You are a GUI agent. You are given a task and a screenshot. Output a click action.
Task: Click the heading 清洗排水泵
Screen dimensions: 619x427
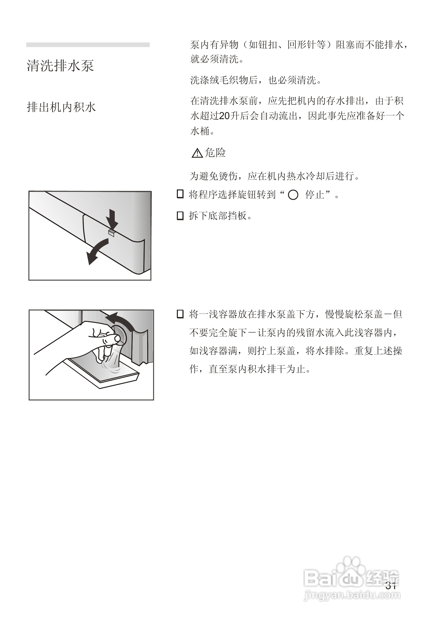(60, 65)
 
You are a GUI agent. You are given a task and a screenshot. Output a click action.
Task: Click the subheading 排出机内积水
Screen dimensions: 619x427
(61, 107)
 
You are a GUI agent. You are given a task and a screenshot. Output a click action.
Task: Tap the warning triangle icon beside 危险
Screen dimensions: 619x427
(197, 153)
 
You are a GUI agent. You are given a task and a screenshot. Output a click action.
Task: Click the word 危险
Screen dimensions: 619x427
(215, 153)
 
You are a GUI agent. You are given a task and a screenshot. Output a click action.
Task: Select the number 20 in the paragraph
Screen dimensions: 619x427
(224, 116)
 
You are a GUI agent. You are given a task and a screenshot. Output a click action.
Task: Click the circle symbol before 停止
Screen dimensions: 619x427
(293, 195)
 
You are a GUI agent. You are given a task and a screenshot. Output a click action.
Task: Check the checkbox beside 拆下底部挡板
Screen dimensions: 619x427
(180, 216)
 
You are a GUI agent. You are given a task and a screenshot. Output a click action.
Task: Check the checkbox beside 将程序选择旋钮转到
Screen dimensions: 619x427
(180, 194)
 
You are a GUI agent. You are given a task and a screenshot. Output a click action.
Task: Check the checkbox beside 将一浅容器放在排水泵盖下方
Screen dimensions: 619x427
(180, 314)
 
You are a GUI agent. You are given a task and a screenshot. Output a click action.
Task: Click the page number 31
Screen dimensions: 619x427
(391, 586)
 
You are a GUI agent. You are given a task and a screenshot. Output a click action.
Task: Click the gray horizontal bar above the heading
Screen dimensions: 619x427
(88, 45)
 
